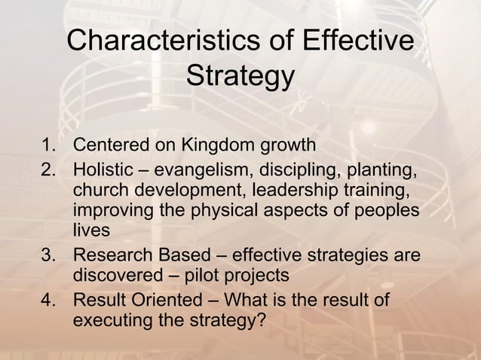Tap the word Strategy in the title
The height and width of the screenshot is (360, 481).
point(240,77)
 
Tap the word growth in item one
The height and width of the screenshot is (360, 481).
point(289,145)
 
